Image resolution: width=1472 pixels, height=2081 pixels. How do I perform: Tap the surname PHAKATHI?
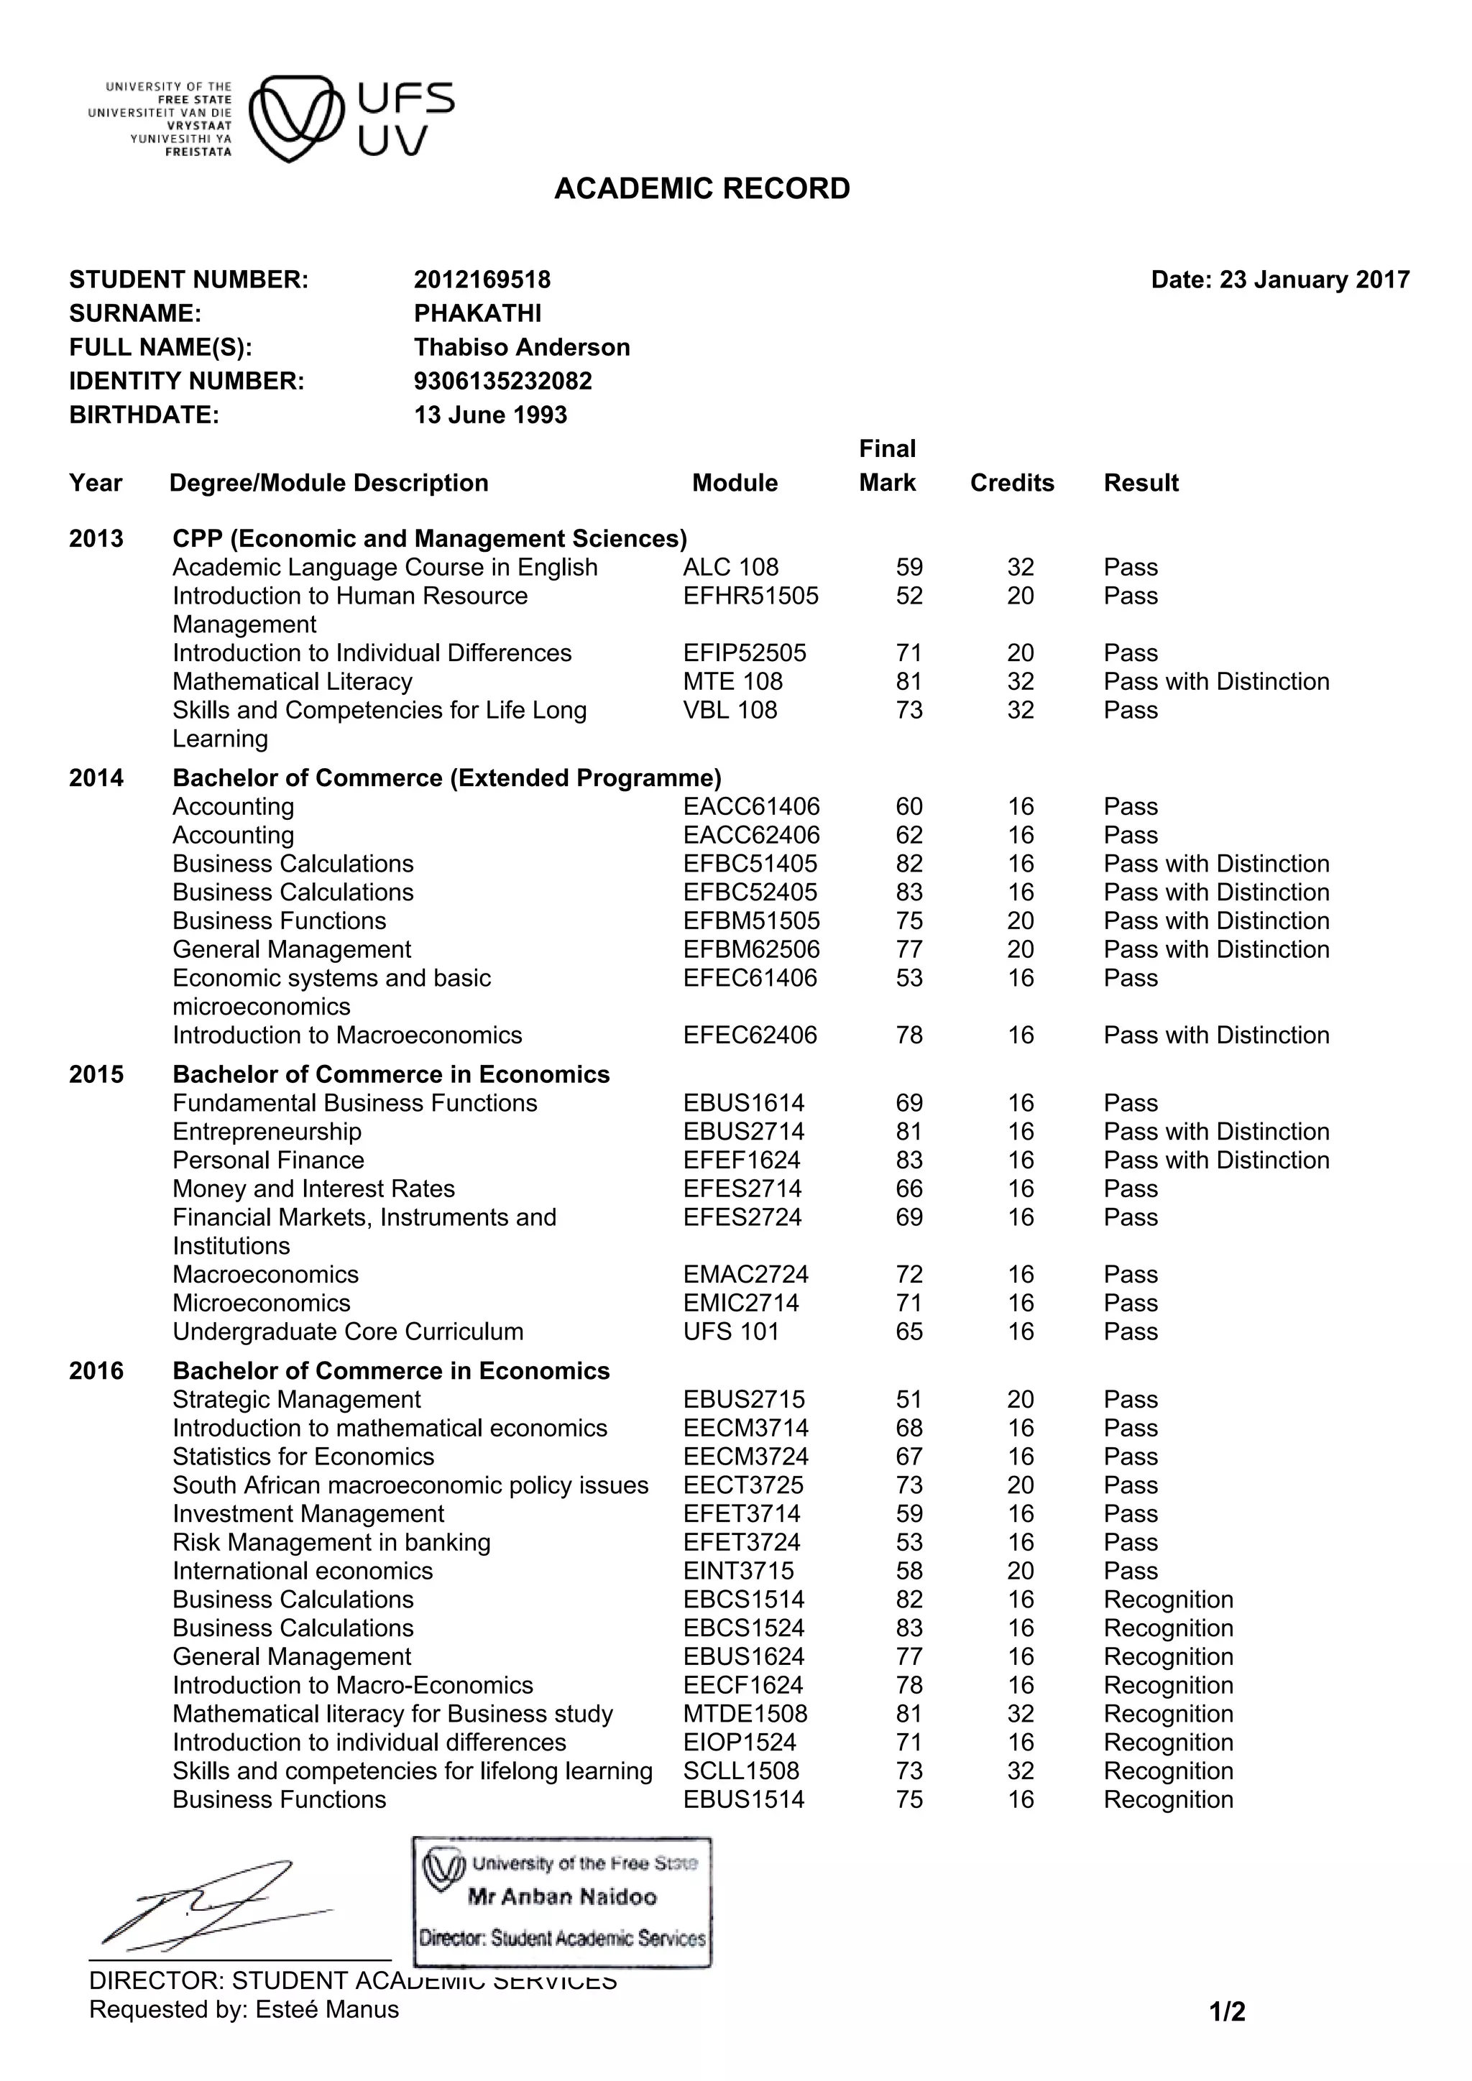pyautogui.click(x=478, y=313)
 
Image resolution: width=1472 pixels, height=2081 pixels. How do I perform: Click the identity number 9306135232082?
pyautogui.click(x=503, y=381)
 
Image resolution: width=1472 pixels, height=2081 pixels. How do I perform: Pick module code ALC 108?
pyautogui.click(x=730, y=568)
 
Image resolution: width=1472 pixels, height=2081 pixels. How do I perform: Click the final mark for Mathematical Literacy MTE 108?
pyautogui.click(x=908, y=682)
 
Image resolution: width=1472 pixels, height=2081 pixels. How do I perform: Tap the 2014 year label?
pyautogui.click(x=96, y=778)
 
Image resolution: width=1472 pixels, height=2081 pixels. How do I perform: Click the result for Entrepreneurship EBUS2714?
pyautogui.click(x=1215, y=1131)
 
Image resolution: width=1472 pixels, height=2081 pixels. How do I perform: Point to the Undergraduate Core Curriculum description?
pyautogui.click(x=348, y=1332)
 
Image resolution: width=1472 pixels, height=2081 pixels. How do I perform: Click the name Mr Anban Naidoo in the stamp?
pyautogui.click(x=562, y=1897)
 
